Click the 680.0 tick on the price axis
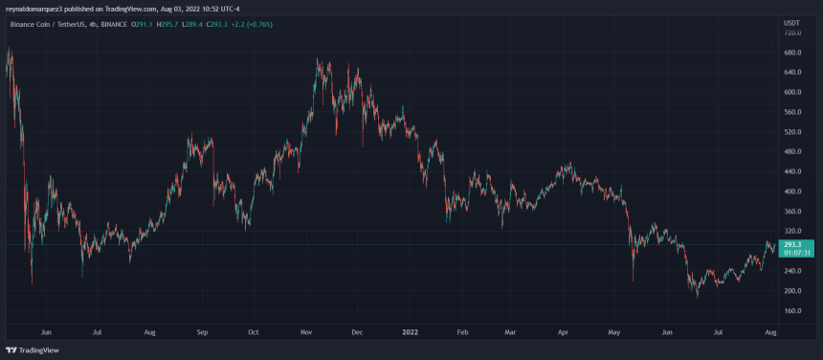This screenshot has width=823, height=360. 791,53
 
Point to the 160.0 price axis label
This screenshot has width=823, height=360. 791,311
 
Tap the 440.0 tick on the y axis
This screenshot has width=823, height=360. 791,171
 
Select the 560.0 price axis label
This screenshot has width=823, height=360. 791,112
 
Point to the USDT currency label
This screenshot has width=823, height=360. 790,22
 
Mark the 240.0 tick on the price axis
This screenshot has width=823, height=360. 791,271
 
